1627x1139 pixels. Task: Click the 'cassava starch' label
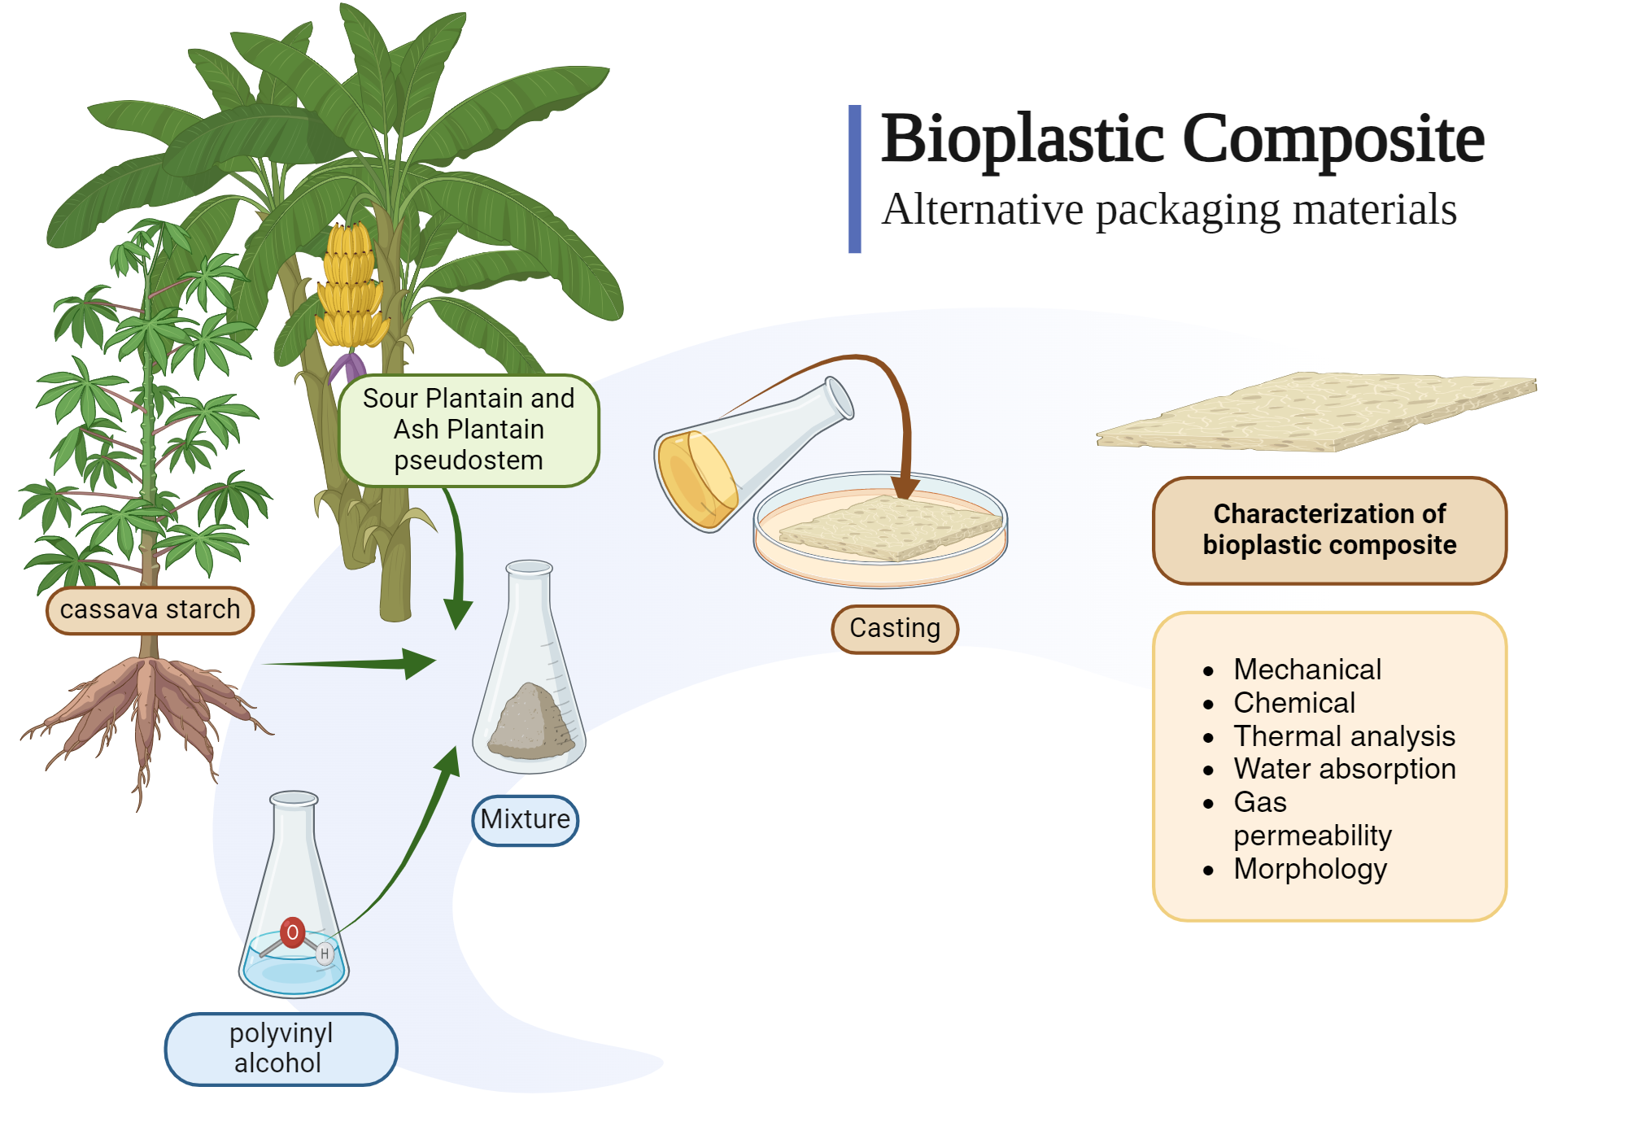coord(150,609)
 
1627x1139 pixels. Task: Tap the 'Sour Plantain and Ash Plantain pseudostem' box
coord(469,430)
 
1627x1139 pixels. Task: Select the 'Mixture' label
coord(526,819)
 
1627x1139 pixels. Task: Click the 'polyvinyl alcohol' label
coord(281,1048)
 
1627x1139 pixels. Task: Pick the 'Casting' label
coord(895,628)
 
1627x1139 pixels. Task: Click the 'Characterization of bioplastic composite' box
coord(1329,530)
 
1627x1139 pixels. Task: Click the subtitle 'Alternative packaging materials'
coord(1169,209)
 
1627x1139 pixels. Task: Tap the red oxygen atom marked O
coord(292,932)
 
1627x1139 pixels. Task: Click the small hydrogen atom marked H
coord(325,954)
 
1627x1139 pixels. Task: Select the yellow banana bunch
coord(351,285)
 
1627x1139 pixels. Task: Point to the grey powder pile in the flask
coord(532,722)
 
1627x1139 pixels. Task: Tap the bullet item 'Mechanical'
coord(1307,670)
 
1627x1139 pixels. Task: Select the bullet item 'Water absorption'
coord(1344,769)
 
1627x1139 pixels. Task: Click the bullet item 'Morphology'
coord(1310,869)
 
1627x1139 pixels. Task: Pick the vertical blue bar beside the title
coord(855,179)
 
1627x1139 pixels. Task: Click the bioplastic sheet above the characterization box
coord(1318,411)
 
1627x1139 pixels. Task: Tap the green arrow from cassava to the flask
coord(350,664)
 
